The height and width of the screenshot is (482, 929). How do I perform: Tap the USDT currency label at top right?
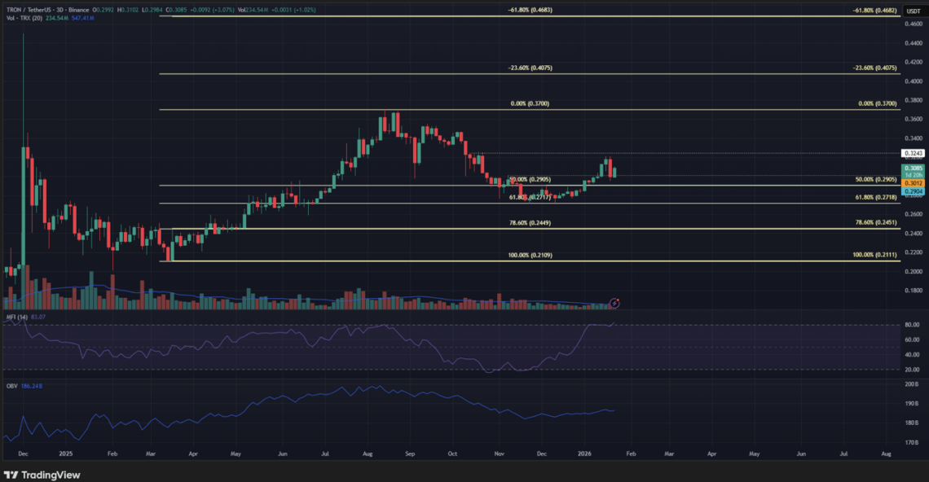tap(914, 10)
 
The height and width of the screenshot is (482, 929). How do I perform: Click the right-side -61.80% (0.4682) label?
tap(874, 10)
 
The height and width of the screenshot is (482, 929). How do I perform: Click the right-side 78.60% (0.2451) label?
tap(875, 222)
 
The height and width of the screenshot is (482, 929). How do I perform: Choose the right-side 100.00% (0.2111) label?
tap(874, 256)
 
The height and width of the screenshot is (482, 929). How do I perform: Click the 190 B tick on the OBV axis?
tap(913, 404)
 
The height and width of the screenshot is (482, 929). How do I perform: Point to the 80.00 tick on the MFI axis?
tap(913, 325)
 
